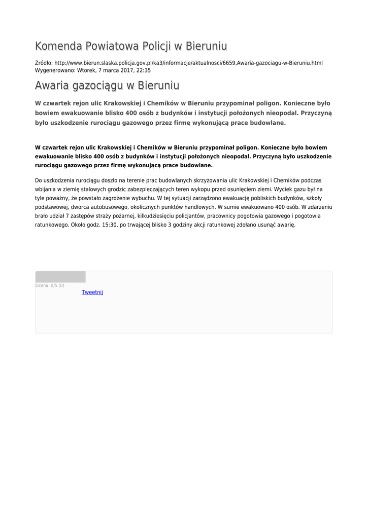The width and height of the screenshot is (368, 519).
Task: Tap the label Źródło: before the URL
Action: [x=44, y=63]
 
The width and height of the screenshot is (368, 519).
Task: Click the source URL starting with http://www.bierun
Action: [x=188, y=63]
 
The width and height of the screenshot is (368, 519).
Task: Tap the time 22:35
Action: [x=144, y=70]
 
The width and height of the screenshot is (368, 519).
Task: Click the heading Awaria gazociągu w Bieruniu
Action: [x=107, y=85]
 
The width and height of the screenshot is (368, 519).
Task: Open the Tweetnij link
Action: [x=92, y=292]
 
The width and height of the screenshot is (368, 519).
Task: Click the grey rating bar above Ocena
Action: [x=60, y=277]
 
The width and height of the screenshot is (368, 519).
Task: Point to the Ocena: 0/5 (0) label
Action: [x=50, y=285]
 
